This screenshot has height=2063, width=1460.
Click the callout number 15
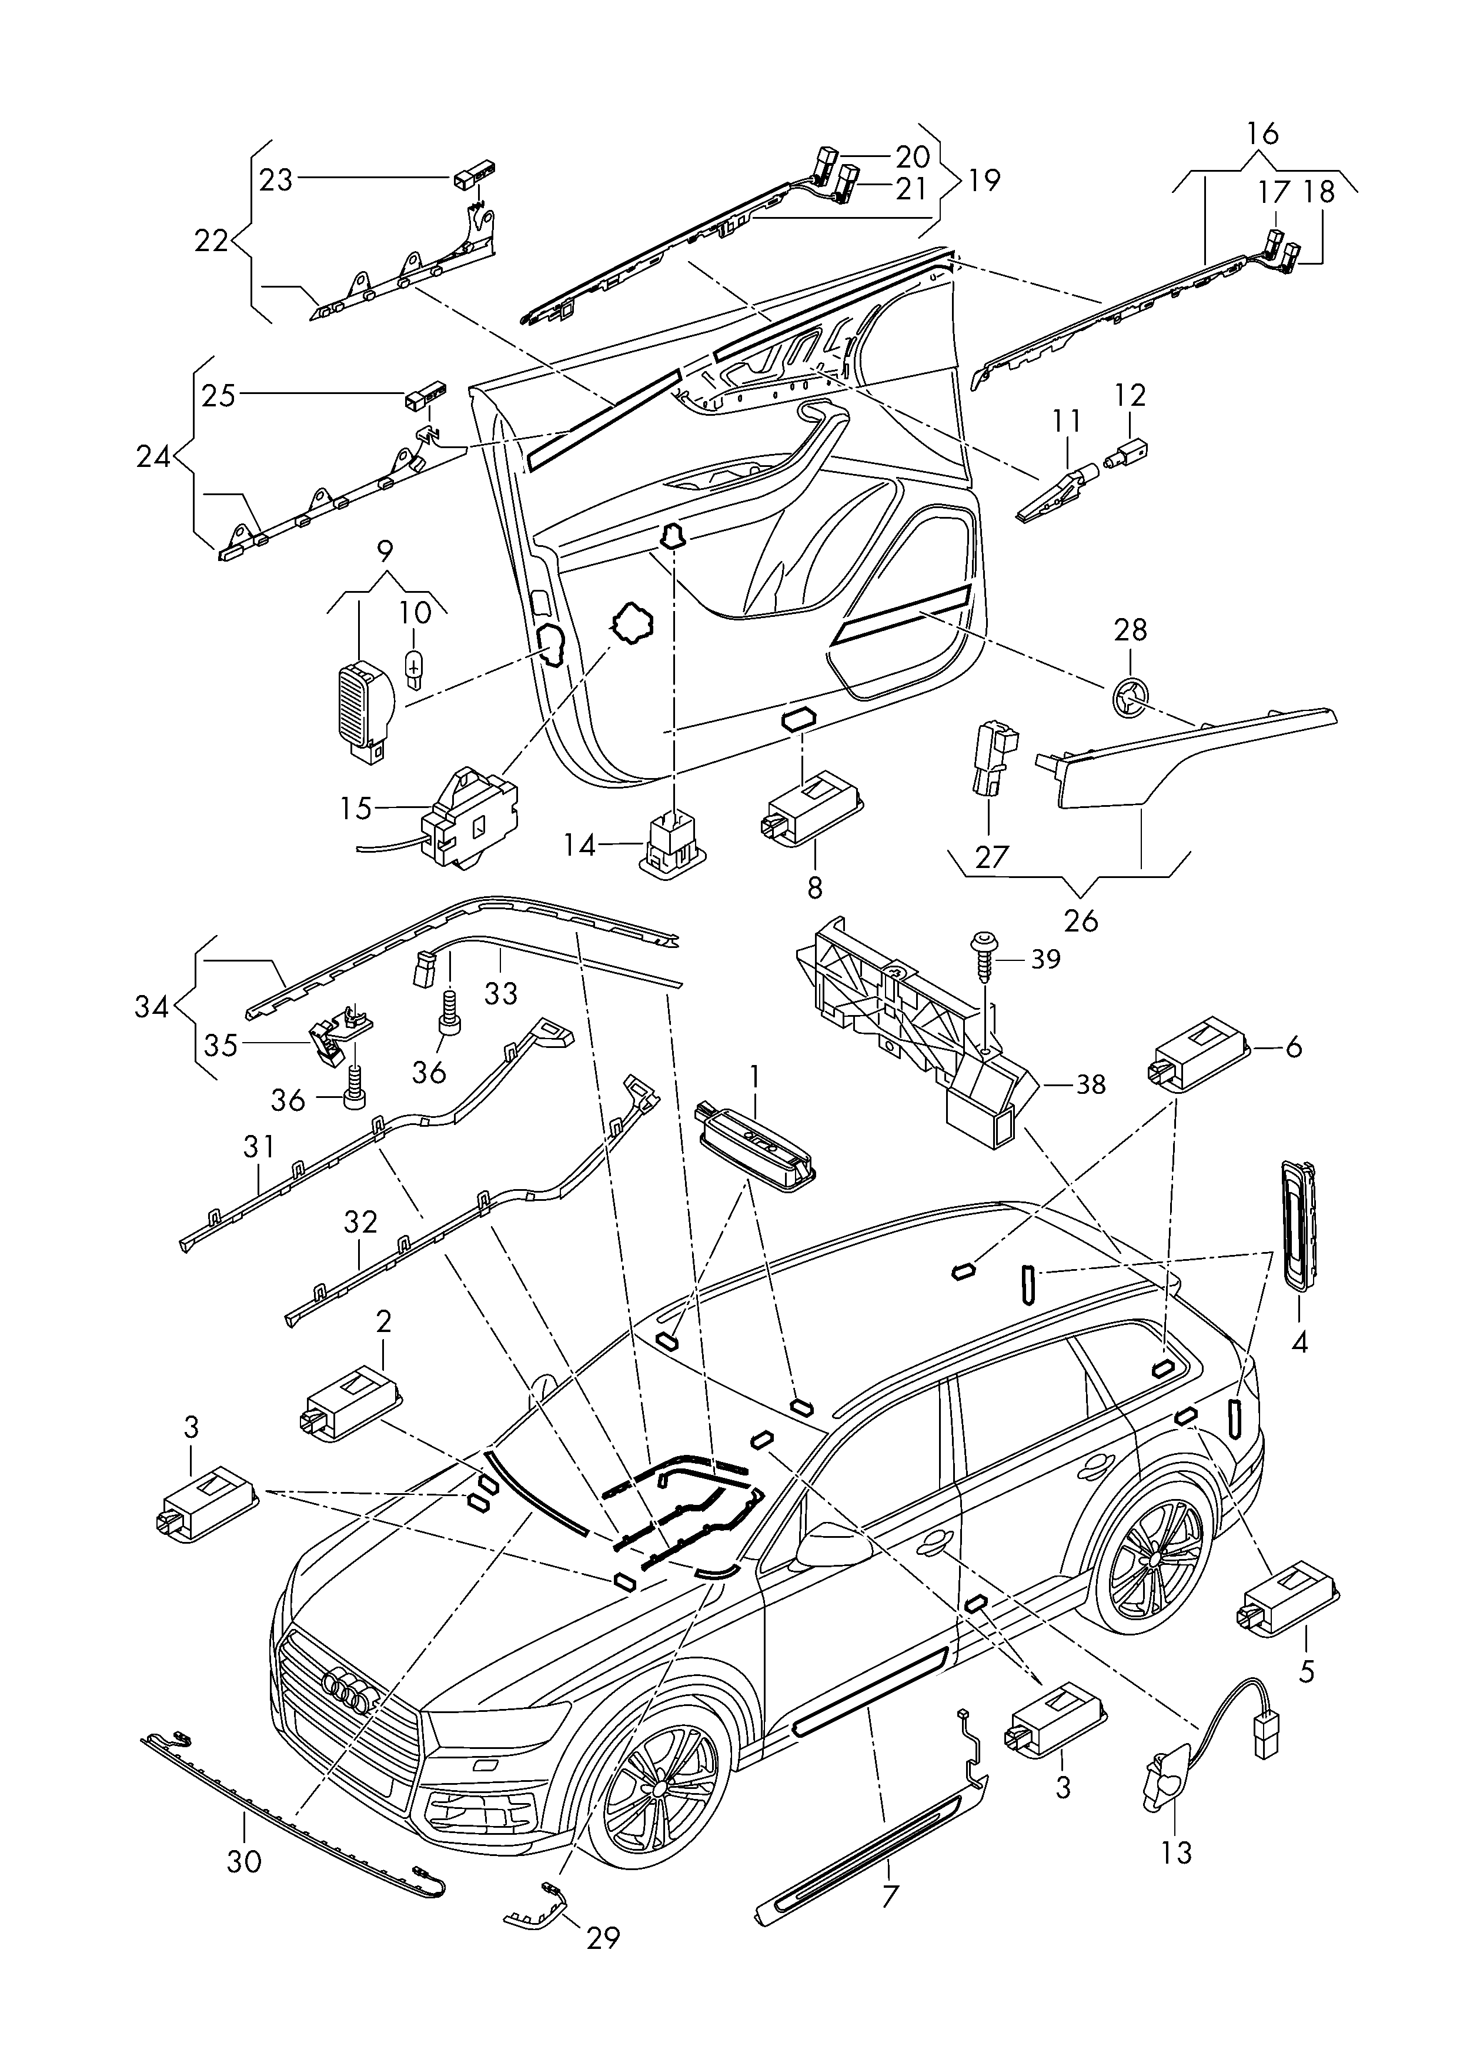[356, 808]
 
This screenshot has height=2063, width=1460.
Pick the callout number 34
[151, 1007]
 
